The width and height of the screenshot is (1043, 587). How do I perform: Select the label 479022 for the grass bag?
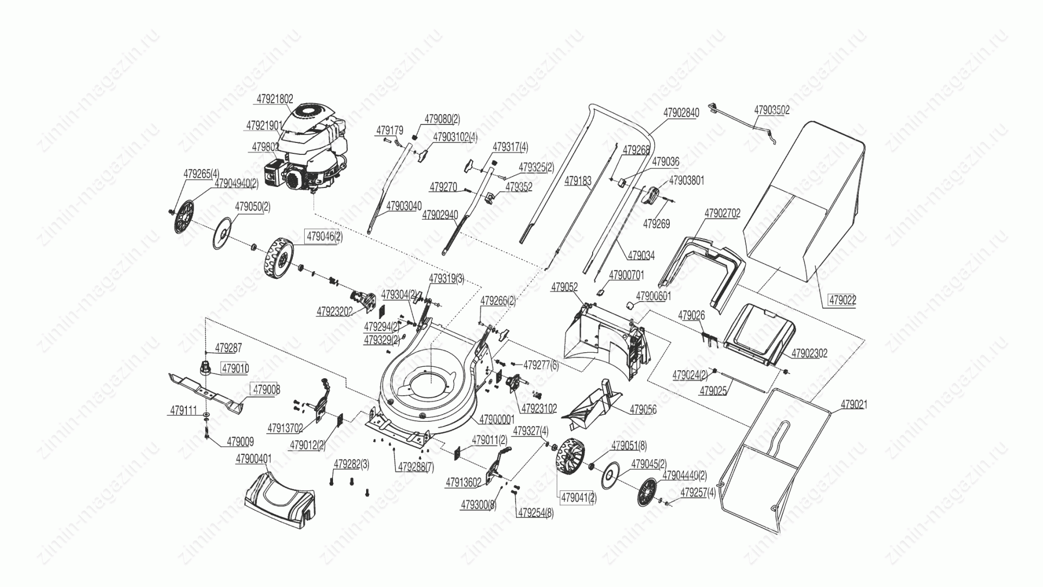click(842, 299)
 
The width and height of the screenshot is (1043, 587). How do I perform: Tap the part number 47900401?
click(253, 459)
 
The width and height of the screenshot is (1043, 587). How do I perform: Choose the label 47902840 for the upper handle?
click(681, 113)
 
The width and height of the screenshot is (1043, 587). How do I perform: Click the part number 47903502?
click(771, 110)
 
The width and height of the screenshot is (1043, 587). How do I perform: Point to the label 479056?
click(643, 409)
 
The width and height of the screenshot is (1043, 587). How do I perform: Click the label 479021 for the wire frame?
click(854, 405)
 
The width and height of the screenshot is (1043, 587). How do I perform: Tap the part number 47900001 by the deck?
click(497, 420)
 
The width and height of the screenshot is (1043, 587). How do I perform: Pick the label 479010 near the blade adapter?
click(235, 369)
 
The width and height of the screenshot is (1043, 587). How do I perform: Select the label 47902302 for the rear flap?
click(809, 353)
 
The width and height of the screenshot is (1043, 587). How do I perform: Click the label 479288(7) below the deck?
click(416, 466)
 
